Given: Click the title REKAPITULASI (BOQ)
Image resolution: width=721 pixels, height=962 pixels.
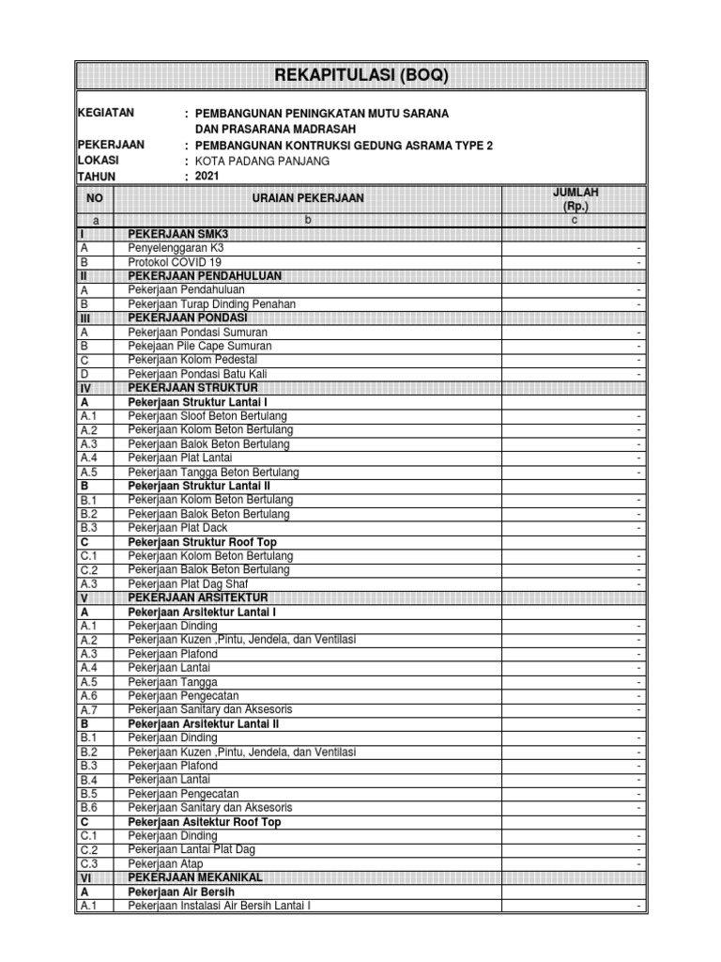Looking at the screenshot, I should (x=360, y=76).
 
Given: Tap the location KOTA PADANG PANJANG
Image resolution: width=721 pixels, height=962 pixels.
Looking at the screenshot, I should (x=262, y=161).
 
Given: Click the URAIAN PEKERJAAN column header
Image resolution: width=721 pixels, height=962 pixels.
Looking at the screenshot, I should (x=307, y=198).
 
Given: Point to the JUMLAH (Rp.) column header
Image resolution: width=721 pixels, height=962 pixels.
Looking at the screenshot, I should (x=575, y=198).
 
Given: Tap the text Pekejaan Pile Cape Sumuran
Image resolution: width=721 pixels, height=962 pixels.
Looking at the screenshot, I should (x=200, y=347).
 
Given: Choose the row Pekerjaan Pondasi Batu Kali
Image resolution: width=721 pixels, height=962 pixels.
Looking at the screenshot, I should (x=199, y=374).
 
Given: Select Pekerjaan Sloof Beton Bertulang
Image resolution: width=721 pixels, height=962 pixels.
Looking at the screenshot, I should (x=207, y=416).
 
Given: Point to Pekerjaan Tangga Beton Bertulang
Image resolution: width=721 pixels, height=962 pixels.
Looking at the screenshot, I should (x=213, y=472).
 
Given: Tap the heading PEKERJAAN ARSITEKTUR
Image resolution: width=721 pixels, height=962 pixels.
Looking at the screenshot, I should (x=198, y=597).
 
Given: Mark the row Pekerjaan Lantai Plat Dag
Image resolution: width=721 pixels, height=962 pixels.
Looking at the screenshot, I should (x=192, y=849).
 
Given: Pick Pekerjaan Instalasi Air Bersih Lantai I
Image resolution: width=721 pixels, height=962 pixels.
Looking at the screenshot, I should (x=219, y=906).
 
